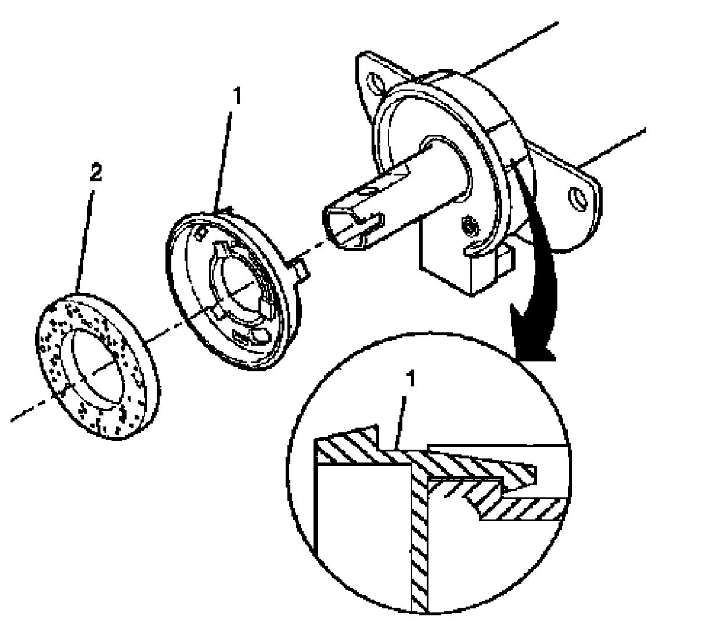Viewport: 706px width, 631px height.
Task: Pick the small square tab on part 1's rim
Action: pyautogui.click(x=301, y=268)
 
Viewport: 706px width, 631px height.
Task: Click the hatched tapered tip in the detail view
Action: pyautogui.click(x=517, y=468)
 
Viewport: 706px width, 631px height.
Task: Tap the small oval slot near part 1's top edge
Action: pyautogui.click(x=201, y=232)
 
